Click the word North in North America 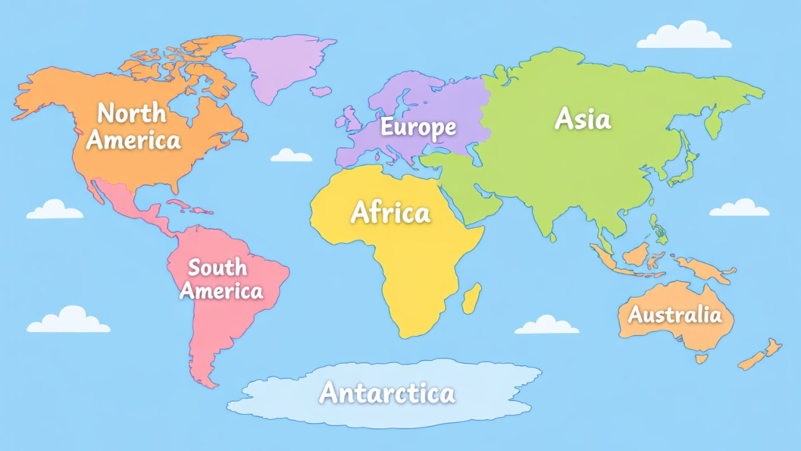click(132, 113)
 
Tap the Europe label click(418, 127)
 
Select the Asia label click(582, 118)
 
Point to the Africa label click(390, 213)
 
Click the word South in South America click(217, 267)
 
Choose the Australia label click(675, 314)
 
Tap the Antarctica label click(387, 393)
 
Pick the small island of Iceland click(321, 91)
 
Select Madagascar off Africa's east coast click(472, 298)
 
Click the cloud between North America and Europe click(291, 156)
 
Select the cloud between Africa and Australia click(546, 325)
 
